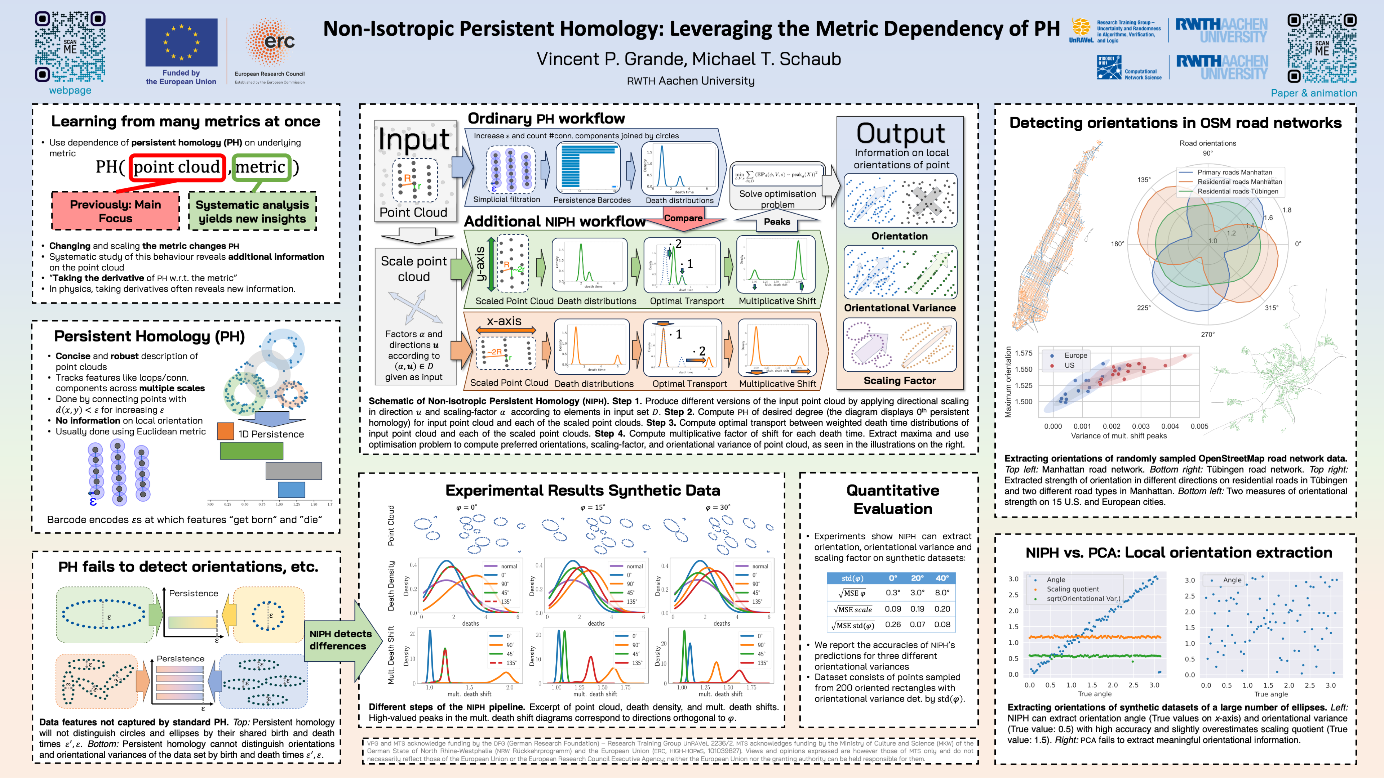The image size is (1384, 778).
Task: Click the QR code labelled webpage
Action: click(x=70, y=47)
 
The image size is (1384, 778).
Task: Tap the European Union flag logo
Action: click(x=181, y=43)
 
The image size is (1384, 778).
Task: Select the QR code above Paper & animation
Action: click(x=1322, y=48)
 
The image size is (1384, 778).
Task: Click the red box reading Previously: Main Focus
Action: click(x=115, y=211)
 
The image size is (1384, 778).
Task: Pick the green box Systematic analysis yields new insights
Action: click(x=252, y=211)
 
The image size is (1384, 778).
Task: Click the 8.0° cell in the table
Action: click(x=942, y=593)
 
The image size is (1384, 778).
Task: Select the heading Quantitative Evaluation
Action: click(x=892, y=499)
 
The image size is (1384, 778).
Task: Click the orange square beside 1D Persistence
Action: click(x=226, y=431)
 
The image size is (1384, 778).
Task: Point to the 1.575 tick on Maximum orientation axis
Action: click(x=1023, y=353)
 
